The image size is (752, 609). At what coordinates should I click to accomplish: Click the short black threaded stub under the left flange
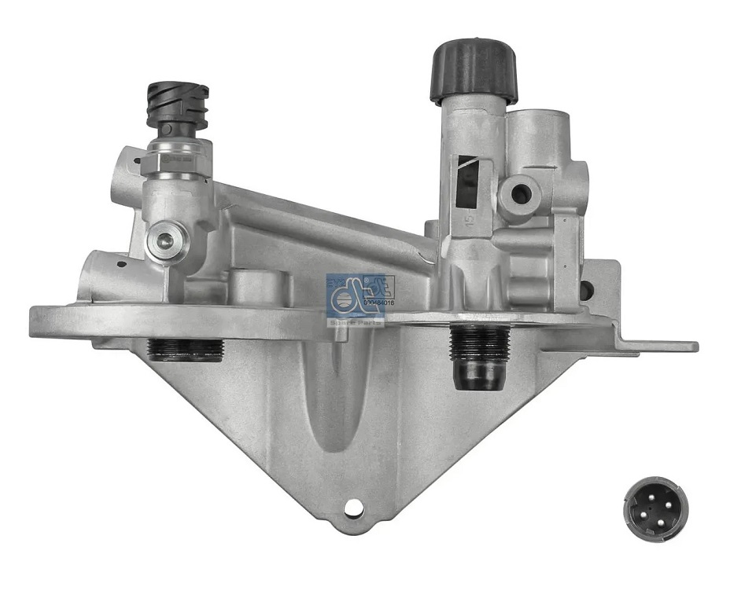pos(186,349)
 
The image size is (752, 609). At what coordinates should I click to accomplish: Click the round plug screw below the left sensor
pos(166,240)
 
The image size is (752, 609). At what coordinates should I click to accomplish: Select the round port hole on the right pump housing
pos(519,189)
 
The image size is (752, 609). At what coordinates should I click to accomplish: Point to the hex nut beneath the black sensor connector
pos(179,149)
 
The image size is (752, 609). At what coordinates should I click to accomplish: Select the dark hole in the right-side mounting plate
pos(586,289)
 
